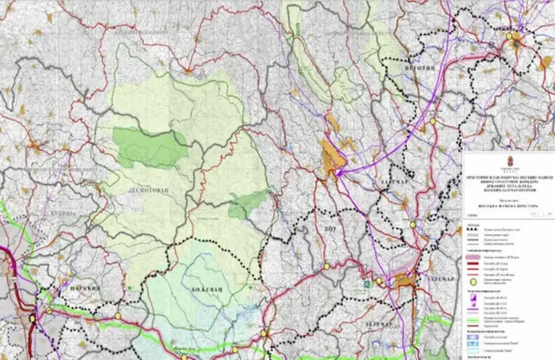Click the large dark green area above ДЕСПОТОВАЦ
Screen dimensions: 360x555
[x=150, y=146]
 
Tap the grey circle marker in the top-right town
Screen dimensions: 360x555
[x=516, y=44]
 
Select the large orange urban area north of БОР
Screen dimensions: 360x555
[x=333, y=159]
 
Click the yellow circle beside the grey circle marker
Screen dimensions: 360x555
[x=509, y=37]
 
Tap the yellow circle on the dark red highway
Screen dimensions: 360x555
[x=32, y=318]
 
